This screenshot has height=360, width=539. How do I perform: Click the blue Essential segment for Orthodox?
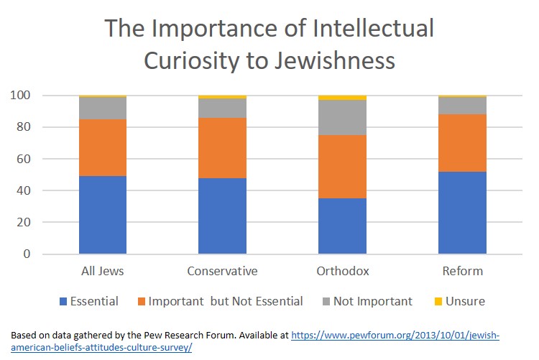pyautogui.click(x=342, y=226)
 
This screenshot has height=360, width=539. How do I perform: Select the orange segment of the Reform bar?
pyautogui.click(x=462, y=143)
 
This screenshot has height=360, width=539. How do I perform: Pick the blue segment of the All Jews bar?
pyautogui.click(x=103, y=215)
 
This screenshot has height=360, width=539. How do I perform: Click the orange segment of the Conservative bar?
pyautogui.click(x=222, y=148)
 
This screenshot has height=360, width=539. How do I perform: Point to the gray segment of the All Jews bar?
pyautogui.click(x=103, y=108)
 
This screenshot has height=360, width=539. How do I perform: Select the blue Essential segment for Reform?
pyautogui.click(x=462, y=213)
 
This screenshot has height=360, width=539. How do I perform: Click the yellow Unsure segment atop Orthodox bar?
pyautogui.click(x=342, y=98)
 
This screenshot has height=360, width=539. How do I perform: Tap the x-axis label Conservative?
pyautogui.click(x=222, y=272)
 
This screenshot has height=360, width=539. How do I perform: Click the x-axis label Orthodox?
pyautogui.click(x=342, y=272)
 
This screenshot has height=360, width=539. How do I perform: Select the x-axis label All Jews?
pyautogui.click(x=103, y=272)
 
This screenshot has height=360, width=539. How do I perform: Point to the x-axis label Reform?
pyautogui.click(x=462, y=272)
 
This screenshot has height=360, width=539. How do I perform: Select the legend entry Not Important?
pyautogui.click(x=372, y=302)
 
